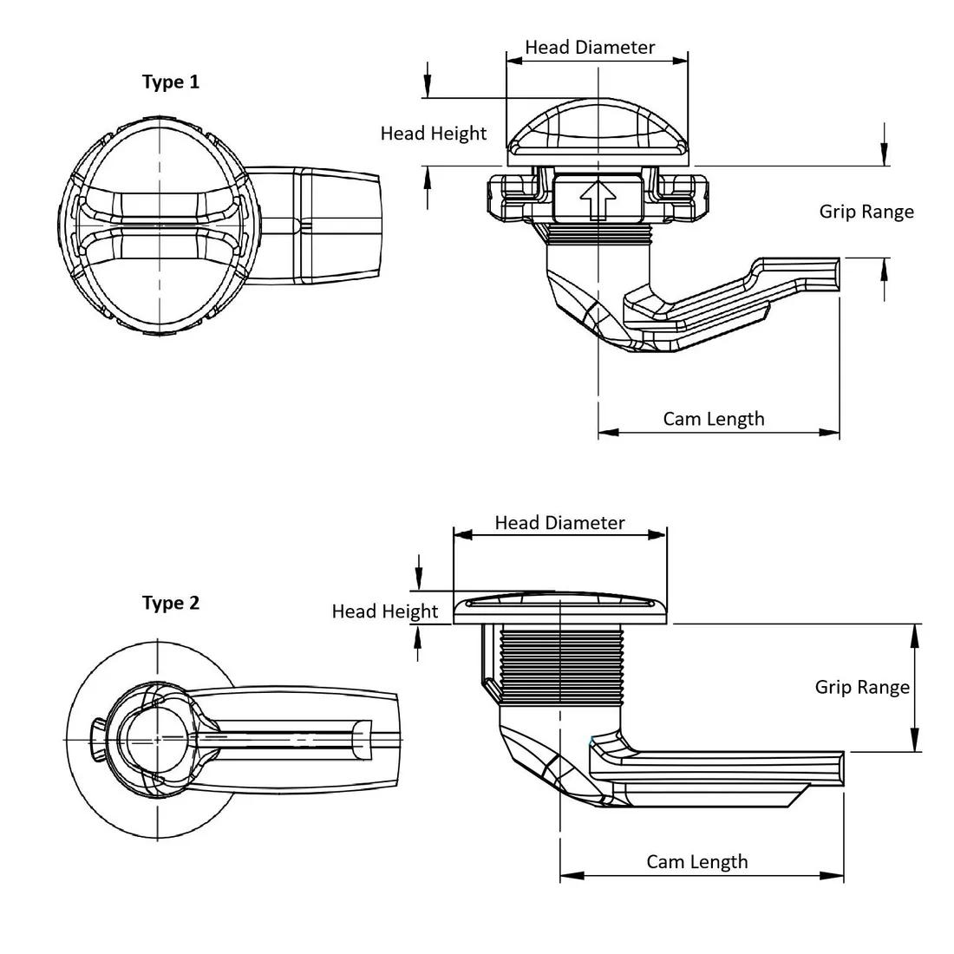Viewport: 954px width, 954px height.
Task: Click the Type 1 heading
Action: [x=171, y=82]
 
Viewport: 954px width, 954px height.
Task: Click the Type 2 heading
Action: [x=171, y=603]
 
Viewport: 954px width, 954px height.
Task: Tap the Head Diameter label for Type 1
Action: [x=591, y=47]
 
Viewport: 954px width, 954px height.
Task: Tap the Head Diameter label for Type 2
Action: [x=559, y=523]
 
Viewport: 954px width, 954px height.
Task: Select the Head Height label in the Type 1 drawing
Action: [x=434, y=134]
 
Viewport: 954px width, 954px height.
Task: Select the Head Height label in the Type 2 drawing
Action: [x=385, y=611]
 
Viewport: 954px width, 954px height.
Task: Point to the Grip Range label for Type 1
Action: [x=866, y=212]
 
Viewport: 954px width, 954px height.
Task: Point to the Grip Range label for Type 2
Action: [x=862, y=687]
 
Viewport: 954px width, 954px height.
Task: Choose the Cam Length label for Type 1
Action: [x=714, y=419]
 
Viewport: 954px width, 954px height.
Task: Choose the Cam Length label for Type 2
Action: [x=696, y=861]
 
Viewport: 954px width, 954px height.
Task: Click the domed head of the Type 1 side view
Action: [x=598, y=130]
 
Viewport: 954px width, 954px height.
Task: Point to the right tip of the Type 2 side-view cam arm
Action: [x=839, y=767]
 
